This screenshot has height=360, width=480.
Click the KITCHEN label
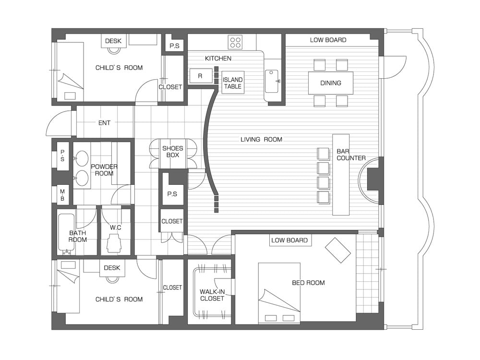tap(218, 58)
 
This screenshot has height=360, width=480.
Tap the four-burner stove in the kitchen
tap(235, 42)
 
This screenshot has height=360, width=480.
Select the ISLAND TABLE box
tap(233, 83)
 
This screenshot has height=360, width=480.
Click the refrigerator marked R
tap(201, 76)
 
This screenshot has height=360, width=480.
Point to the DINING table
tap(331, 83)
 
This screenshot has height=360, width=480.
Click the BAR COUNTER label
tap(351, 155)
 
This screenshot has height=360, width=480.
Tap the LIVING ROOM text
tap(261, 140)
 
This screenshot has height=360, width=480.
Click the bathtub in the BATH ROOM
tap(66, 234)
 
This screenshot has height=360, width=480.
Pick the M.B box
tap(62, 195)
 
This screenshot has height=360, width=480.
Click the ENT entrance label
tap(104, 123)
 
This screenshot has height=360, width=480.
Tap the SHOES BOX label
tap(173, 152)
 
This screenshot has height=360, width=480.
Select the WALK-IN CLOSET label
tap(212, 295)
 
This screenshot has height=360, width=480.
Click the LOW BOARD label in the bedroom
tap(289, 240)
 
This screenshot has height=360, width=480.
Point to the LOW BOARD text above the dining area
tap(328, 40)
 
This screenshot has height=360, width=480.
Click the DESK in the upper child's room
tap(114, 41)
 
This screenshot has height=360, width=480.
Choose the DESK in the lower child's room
tap(112, 268)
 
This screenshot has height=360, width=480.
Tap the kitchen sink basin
tap(272, 81)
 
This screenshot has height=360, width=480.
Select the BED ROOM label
tap(308, 283)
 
